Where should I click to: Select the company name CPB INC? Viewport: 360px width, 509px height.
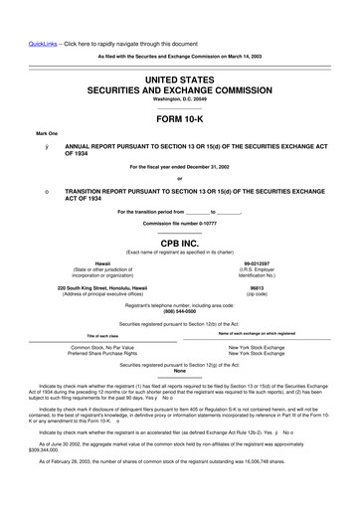pos(179,242)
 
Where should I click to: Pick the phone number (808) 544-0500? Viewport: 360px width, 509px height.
pos(179,312)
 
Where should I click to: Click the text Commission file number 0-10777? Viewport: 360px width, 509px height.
pos(179,223)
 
